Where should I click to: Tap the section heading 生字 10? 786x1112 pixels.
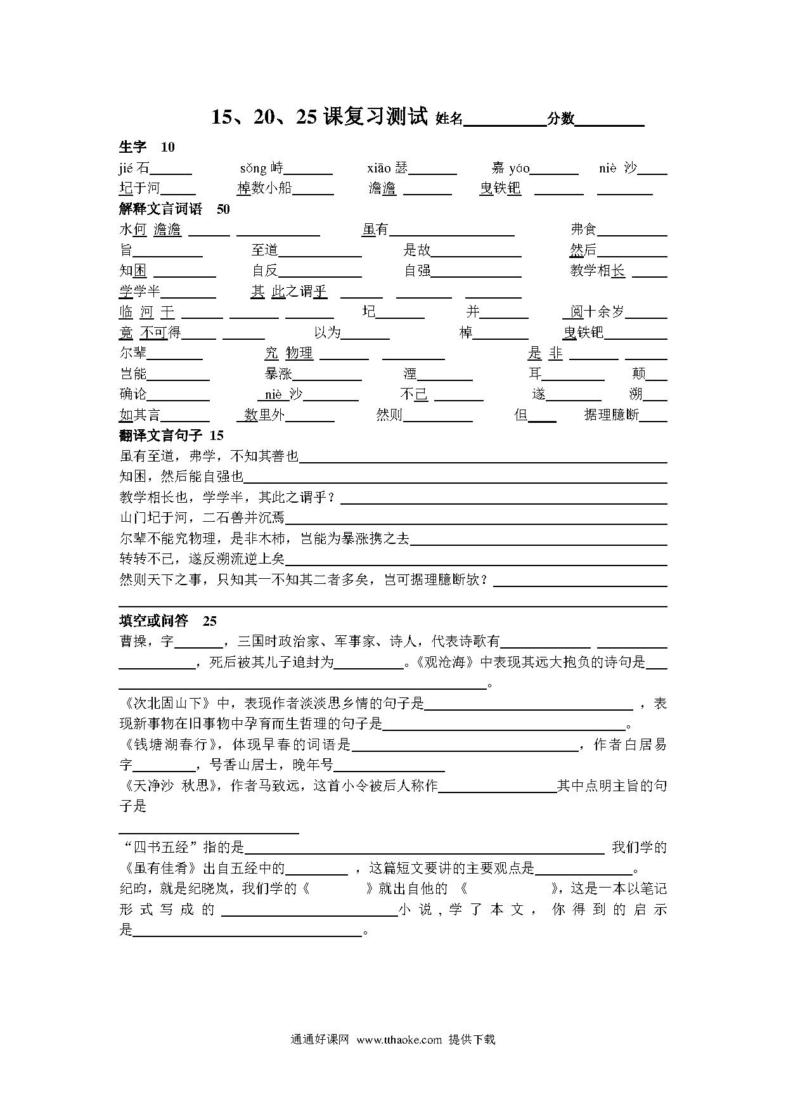(146, 147)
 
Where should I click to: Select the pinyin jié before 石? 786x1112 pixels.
(127, 168)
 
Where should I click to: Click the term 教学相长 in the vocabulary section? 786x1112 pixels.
(597, 271)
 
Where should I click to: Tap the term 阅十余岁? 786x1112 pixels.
(597, 311)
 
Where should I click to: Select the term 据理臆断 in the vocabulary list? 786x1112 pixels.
(612, 415)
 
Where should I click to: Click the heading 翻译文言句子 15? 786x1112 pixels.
(171, 436)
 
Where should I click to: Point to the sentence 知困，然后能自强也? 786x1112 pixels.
(181, 476)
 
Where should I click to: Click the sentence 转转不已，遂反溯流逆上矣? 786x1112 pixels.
(202, 559)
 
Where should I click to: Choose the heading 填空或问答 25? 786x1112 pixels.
(168, 621)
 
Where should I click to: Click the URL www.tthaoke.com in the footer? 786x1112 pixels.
(399, 1039)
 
